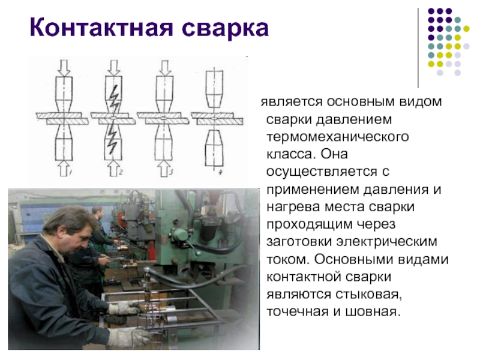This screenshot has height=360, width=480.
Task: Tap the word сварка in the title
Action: pos(226,28)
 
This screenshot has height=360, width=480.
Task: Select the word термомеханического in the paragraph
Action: pos(337,137)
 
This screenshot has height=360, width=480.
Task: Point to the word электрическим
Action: pos(387,242)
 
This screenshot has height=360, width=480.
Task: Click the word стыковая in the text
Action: pos(368,294)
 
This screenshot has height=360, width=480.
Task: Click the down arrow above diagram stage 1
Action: pos(64,68)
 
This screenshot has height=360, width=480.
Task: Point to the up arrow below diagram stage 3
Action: pos(164,169)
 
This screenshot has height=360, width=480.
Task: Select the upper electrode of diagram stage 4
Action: pos(214,89)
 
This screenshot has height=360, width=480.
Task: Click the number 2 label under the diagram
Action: pos(121,172)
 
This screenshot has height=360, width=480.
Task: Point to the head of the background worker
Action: pos(97,212)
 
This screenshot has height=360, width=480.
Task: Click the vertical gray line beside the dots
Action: pos(418,48)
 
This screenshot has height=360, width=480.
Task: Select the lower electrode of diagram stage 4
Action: pos(214,148)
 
